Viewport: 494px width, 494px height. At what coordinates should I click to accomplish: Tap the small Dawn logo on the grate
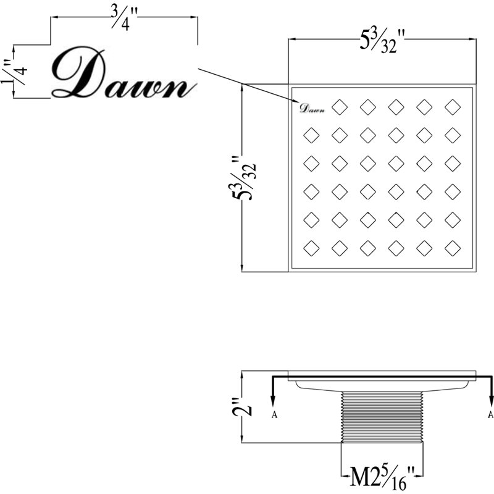(x=312, y=109)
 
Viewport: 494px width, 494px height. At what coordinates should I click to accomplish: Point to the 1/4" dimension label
(x=15, y=72)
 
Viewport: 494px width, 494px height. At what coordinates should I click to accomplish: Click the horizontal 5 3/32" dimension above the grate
(x=382, y=40)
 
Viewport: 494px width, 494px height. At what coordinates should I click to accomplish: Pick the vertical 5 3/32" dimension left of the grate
(x=244, y=178)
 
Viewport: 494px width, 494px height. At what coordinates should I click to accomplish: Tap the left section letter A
(x=274, y=415)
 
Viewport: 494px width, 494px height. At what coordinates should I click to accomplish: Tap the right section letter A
(x=490, y=415)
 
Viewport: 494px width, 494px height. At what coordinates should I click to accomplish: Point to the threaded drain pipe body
(x=382, y=416)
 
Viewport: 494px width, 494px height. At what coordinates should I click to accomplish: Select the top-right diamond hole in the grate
(x=453, y=107)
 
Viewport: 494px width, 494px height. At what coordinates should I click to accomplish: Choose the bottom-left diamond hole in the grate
(x=311, y=248)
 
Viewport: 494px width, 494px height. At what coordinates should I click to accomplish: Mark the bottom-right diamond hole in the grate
(x=453, y=248)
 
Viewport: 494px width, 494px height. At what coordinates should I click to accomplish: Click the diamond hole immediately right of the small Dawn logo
(x=340, y=107)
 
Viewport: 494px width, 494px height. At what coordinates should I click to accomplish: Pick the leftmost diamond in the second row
(x=311, y=135)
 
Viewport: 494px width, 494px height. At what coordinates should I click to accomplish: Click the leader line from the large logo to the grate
(x=249, y=85)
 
